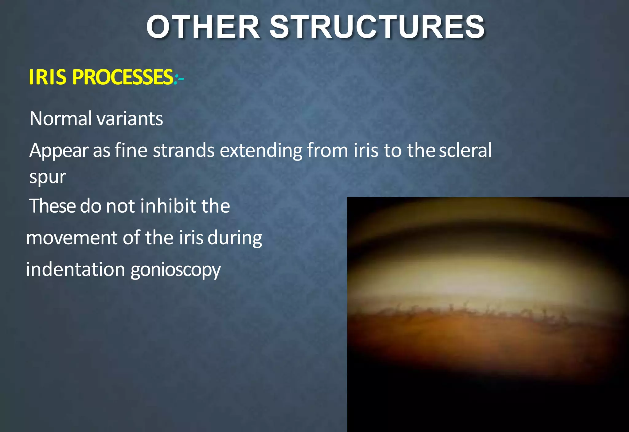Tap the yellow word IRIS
47,77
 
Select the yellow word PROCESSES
123,77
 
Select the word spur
48,178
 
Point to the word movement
72,238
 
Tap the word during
235,238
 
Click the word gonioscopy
175,270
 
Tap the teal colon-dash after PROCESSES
179,78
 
